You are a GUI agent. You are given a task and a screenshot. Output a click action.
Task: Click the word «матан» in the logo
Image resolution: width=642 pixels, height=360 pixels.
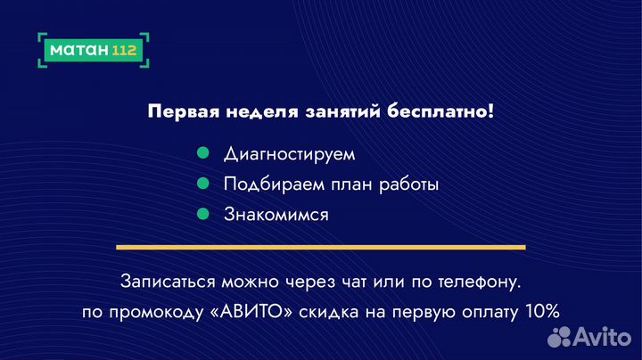(78, 50)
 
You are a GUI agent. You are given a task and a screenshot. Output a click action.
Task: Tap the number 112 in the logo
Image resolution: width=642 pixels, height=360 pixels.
(125, 50)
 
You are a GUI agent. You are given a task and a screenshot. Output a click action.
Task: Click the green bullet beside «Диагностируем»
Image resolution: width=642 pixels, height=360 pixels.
(202, 153)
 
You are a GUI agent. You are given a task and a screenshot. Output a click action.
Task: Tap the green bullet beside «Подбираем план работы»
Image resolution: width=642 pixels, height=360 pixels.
(202, 184)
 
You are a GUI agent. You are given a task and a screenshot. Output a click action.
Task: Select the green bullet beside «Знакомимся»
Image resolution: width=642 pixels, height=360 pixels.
(202, 214)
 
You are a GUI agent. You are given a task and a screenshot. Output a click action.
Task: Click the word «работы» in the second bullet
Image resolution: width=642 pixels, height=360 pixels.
(407, 184)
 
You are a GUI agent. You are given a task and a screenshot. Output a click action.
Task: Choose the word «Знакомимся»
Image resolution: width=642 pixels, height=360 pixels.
(276, 215)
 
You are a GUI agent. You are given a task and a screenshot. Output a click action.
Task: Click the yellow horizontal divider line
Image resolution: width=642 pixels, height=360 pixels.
(321, 247)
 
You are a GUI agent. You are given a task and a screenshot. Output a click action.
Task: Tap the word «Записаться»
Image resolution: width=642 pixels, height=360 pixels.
(168, 281)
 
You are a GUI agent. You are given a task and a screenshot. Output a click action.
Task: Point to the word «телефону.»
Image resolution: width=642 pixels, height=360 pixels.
(481, 281)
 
